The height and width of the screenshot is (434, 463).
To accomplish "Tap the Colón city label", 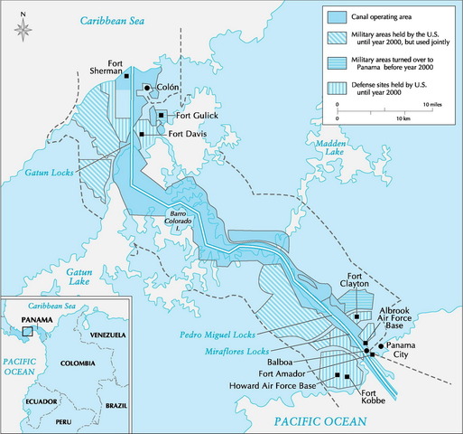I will point(168,88).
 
